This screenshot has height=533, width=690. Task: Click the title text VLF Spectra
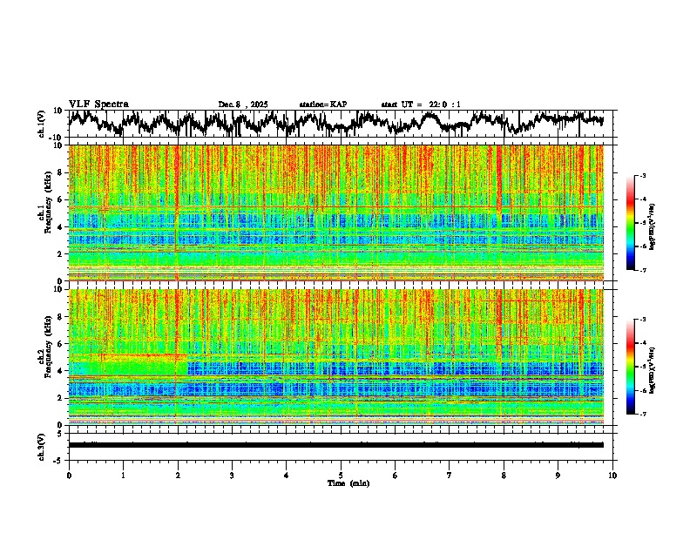pyautogui.click(x=98, y=105)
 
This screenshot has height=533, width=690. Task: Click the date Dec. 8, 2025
pyautogui.click(x=243, y=105)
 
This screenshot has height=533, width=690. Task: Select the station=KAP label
pyautogui.click(x=323, y=105)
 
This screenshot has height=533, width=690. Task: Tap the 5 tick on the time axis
pyautogui.click(x=341, y=475)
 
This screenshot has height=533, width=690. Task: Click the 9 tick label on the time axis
pyautogui.click(x=558, y=475)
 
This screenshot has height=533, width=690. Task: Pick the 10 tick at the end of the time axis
pyautogui.click(x=612, y=475)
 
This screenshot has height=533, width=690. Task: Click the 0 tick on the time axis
pyautogui.click(x=69, y=475)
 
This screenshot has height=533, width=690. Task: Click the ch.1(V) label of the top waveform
pyautogui.click(x=42, y=124)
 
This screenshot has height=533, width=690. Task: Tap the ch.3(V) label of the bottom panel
pyautogui.click(x=42, y=445)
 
